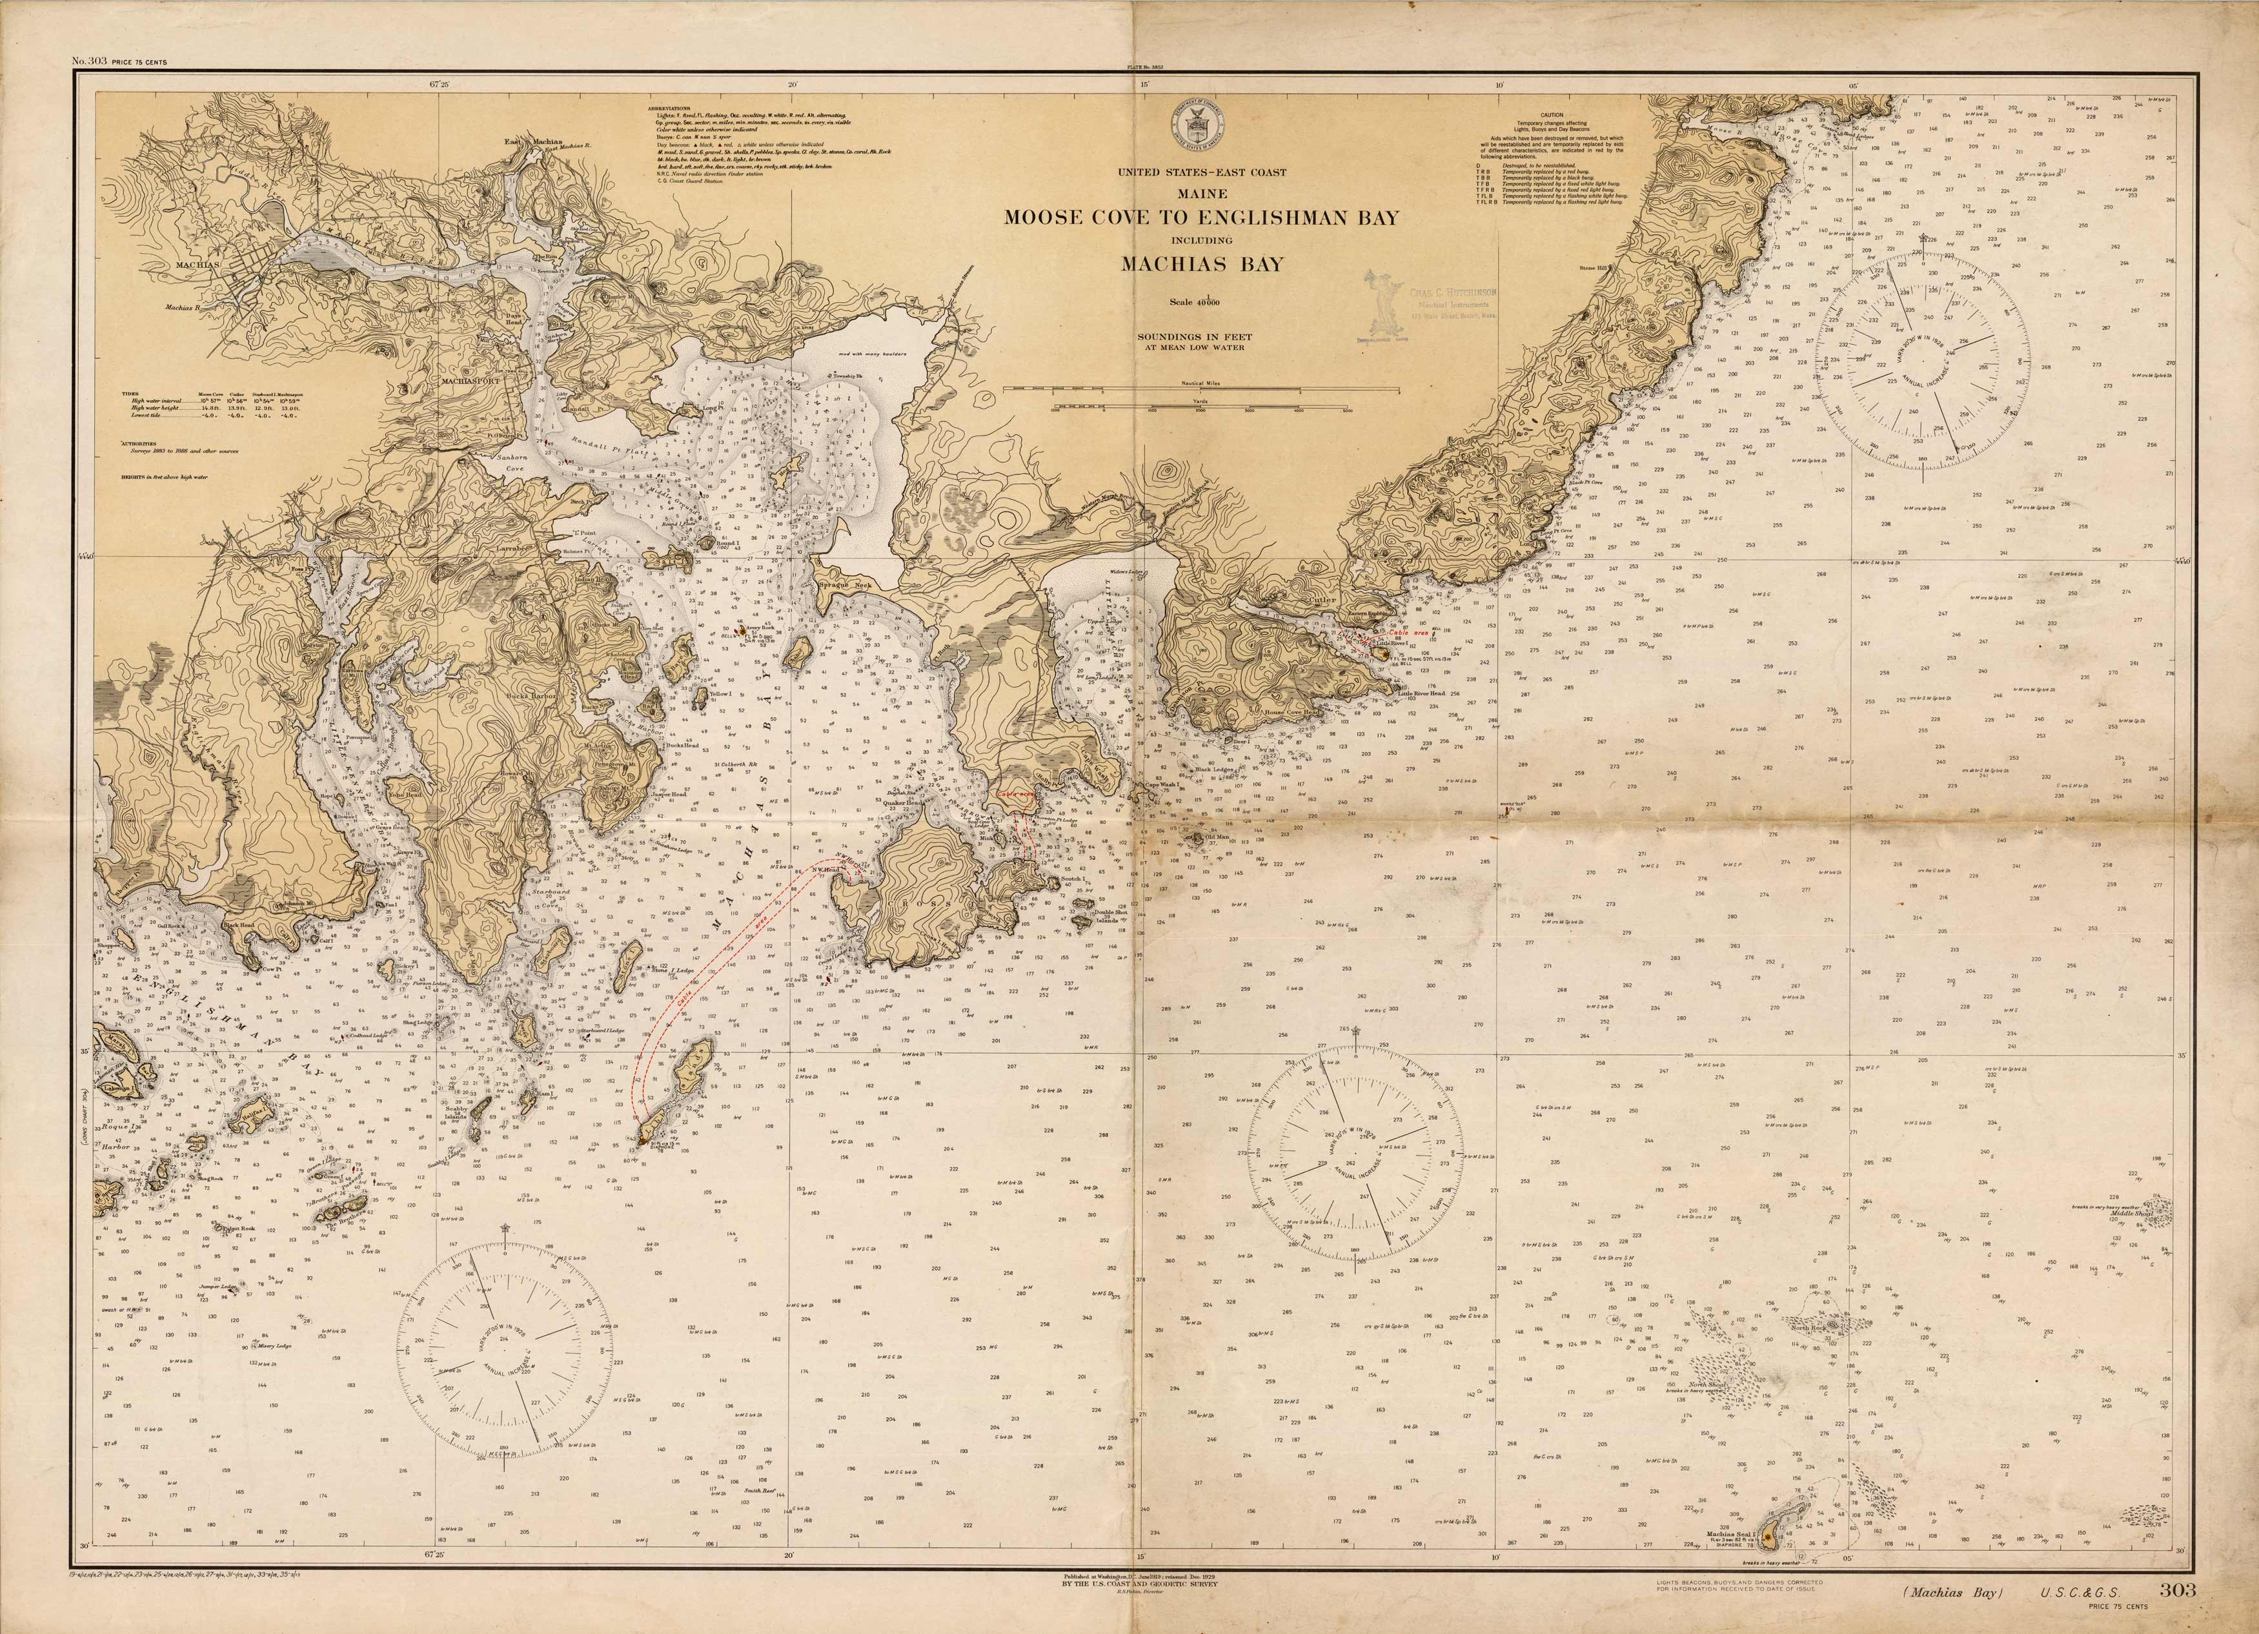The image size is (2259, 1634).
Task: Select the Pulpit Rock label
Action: [x=239, y=1229]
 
